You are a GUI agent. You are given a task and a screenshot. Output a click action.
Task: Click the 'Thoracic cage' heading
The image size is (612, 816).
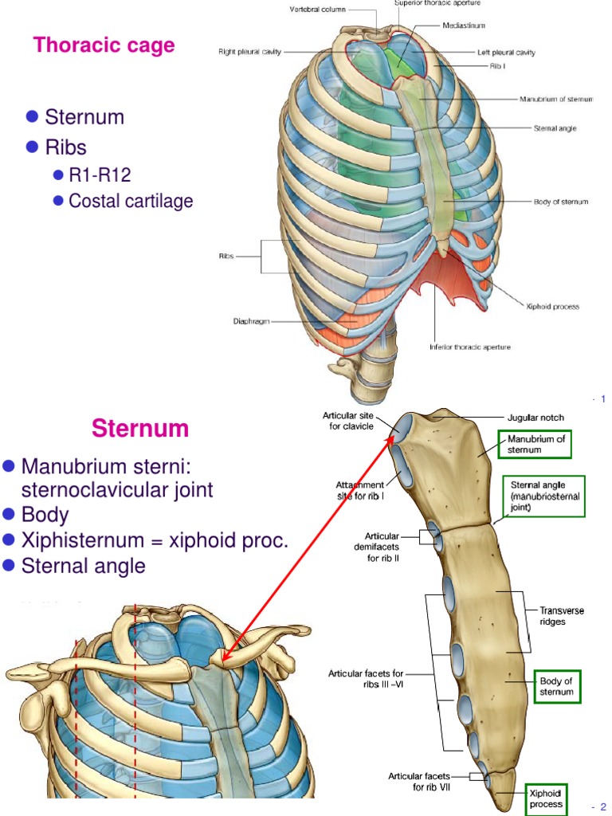[104, 45]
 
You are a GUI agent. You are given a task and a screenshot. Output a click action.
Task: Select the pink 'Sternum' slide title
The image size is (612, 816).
[140, 429]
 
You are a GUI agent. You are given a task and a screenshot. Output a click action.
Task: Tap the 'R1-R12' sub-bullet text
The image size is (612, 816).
[100, 175]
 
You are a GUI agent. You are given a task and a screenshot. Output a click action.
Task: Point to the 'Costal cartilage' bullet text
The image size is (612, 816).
[131, 201]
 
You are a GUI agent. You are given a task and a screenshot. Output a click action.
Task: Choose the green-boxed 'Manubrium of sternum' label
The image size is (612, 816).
[534, 445]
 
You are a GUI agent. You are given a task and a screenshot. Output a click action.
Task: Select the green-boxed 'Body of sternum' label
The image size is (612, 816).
[556, 686]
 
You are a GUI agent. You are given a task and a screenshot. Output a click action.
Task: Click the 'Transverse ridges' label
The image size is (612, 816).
[562, 615]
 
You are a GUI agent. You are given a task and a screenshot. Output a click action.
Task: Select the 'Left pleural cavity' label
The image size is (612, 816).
[505, 52]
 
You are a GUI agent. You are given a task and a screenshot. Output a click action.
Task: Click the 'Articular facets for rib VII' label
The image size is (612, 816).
[419, 781]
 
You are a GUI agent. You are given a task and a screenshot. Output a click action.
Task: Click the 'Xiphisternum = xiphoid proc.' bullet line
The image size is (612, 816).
[155, 540]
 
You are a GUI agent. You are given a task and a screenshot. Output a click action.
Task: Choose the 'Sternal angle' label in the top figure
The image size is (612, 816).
[555, 127]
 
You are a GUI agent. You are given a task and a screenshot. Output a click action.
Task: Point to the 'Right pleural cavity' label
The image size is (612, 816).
[250, 52]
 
